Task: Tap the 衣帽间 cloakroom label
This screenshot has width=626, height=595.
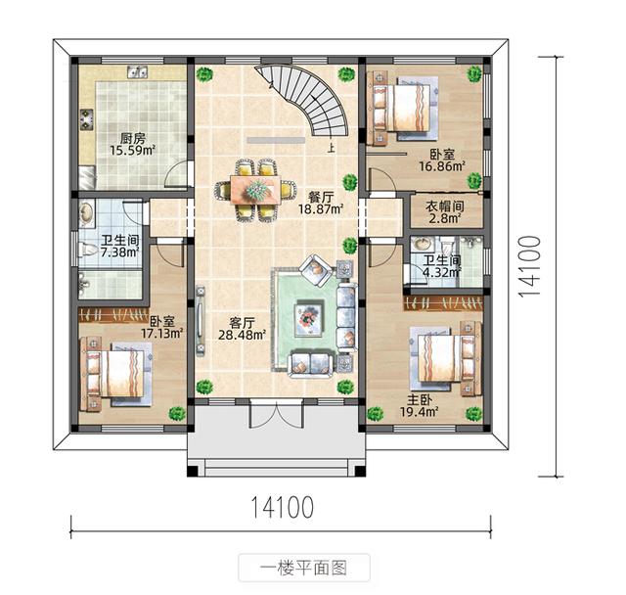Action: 444,206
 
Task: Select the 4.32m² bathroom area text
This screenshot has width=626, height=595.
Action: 441,273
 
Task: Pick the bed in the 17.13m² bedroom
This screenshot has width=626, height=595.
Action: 114,372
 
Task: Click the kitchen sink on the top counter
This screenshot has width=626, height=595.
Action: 138,70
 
